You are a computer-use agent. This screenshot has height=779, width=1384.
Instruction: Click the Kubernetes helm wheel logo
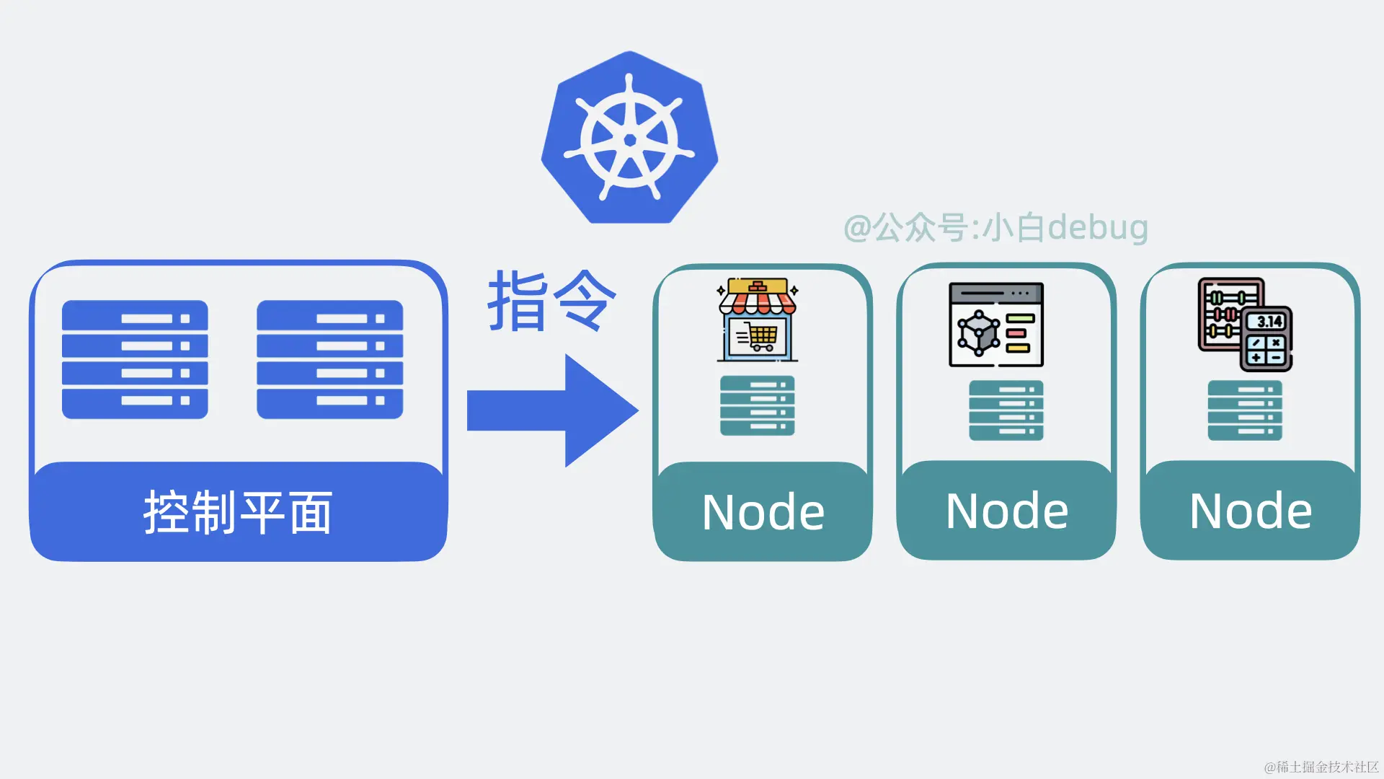click(x=629, y=138)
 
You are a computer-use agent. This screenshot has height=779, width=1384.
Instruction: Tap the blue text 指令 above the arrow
click(x=552, y=302)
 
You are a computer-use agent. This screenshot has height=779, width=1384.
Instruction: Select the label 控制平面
click(x=238, y=513)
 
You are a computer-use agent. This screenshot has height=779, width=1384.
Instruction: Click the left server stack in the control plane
click(x=135, y=359)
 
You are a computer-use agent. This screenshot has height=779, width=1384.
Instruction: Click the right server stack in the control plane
click(x=329, y=359)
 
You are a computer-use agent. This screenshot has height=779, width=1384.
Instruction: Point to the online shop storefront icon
click(x=757, y=319)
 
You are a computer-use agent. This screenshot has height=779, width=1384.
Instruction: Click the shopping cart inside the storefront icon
click(x=760, y=337)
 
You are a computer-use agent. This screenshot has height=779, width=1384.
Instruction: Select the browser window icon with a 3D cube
click(x=995, y=325)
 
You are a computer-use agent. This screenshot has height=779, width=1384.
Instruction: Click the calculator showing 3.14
click(x=1267, y=339)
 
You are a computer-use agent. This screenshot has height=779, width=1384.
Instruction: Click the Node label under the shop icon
click(x=763, y=513)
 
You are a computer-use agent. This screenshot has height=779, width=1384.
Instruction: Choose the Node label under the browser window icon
click(x=1006, y=511)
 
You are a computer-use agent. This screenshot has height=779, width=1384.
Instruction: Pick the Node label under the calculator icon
click(x=1250, y=511)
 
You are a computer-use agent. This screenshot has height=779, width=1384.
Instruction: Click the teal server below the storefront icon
click(x=757, y=405)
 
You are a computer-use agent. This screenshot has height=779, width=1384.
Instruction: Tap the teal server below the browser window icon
click(x=1006, y=410)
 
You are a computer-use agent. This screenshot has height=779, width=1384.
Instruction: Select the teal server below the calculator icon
click(x=1244, y=410)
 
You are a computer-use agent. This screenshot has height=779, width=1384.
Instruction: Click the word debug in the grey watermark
click(x=1097, y=228)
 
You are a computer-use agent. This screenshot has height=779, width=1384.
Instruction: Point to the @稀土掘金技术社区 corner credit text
click(x=1321, y=767)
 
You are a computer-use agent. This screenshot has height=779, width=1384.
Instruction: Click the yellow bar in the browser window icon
click(x=1017, y=348)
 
